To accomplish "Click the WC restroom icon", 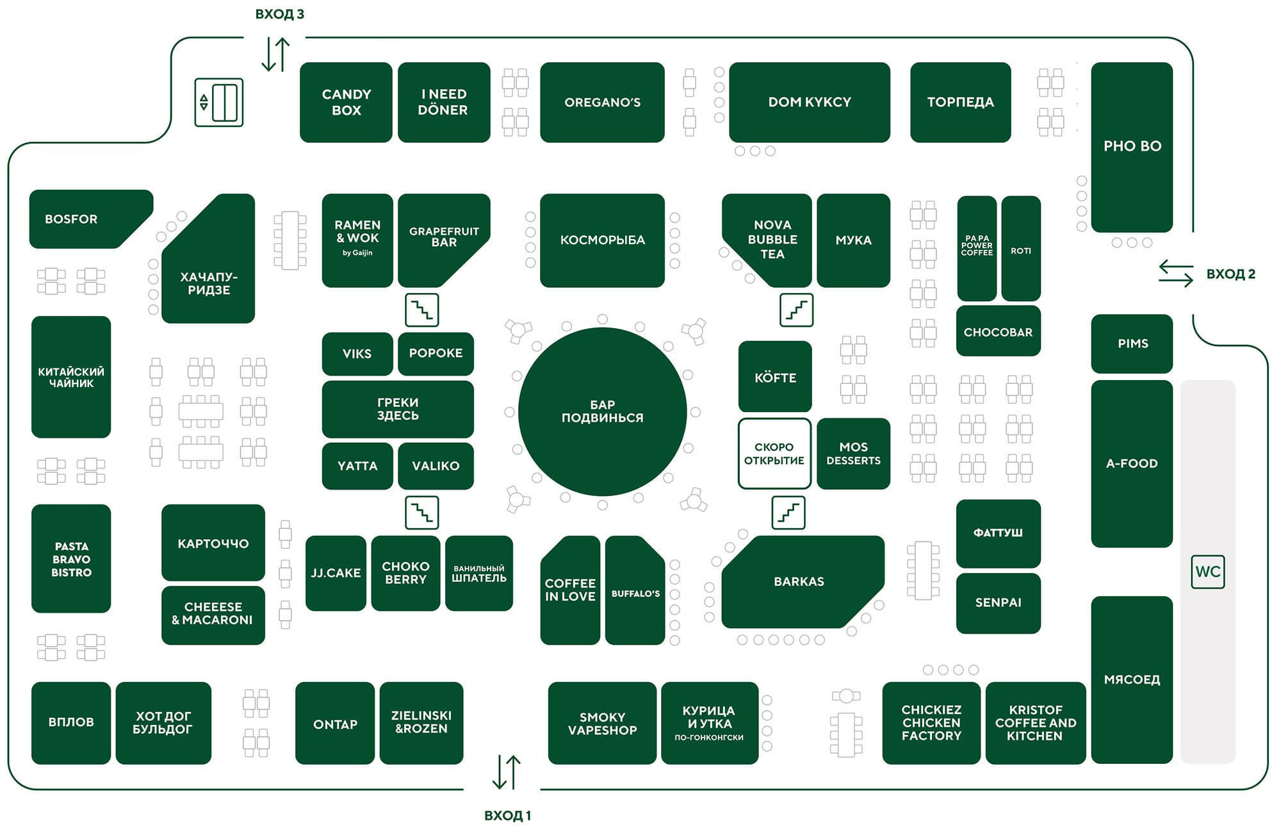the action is [x=1207, y=572].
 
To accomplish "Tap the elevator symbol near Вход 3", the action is [x=219, y=103].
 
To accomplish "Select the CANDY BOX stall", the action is [x=346, y=102].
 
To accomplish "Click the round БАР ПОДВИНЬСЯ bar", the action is [x=602, y=411].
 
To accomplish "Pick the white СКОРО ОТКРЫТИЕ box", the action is [x=774, y=454].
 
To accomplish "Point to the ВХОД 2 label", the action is [x=1230, y=274].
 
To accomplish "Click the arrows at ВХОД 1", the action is [x=507, y=772].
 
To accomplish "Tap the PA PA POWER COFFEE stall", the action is [x=977, y=249].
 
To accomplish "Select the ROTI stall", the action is [x=1021, y=249].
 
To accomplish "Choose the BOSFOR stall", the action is [x=90, y=219].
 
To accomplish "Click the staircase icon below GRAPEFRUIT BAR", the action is [x=422, y=310].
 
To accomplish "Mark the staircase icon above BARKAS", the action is [x=788, y=513].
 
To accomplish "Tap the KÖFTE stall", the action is [x=775, y=377].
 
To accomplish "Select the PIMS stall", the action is [x=1132, y=344].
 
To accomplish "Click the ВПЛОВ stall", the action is [x=71, y=722].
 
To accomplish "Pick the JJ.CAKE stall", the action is [x=336, y=573].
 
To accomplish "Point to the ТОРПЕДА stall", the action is [x=960, y=102].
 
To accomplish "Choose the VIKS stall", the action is [x=357, y=354].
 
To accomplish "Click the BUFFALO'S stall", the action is [x=635, y=590].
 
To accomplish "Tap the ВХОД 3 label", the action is [x=280, y=14].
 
